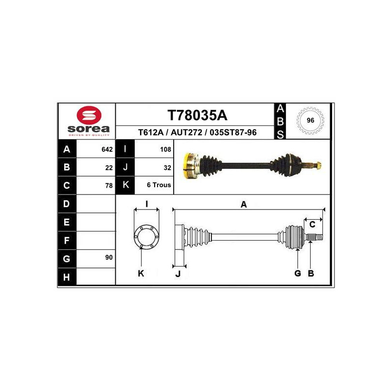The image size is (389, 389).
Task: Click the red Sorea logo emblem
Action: (x=89, y=115)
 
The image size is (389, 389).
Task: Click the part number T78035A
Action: (x=197, y=115)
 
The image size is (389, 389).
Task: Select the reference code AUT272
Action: (x=186, y=132)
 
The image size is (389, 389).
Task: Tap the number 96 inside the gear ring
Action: (x=310, y=120)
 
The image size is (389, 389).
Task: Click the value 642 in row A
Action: (x=107, y=149)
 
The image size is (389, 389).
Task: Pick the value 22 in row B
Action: (x=109, y=168)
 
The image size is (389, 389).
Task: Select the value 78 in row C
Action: (x=109, y=186)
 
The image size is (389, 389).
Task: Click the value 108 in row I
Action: (x=165, y=149)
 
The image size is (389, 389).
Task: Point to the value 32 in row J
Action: (x=167, y=168)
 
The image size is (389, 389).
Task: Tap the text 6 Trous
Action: (x=159, y=185)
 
